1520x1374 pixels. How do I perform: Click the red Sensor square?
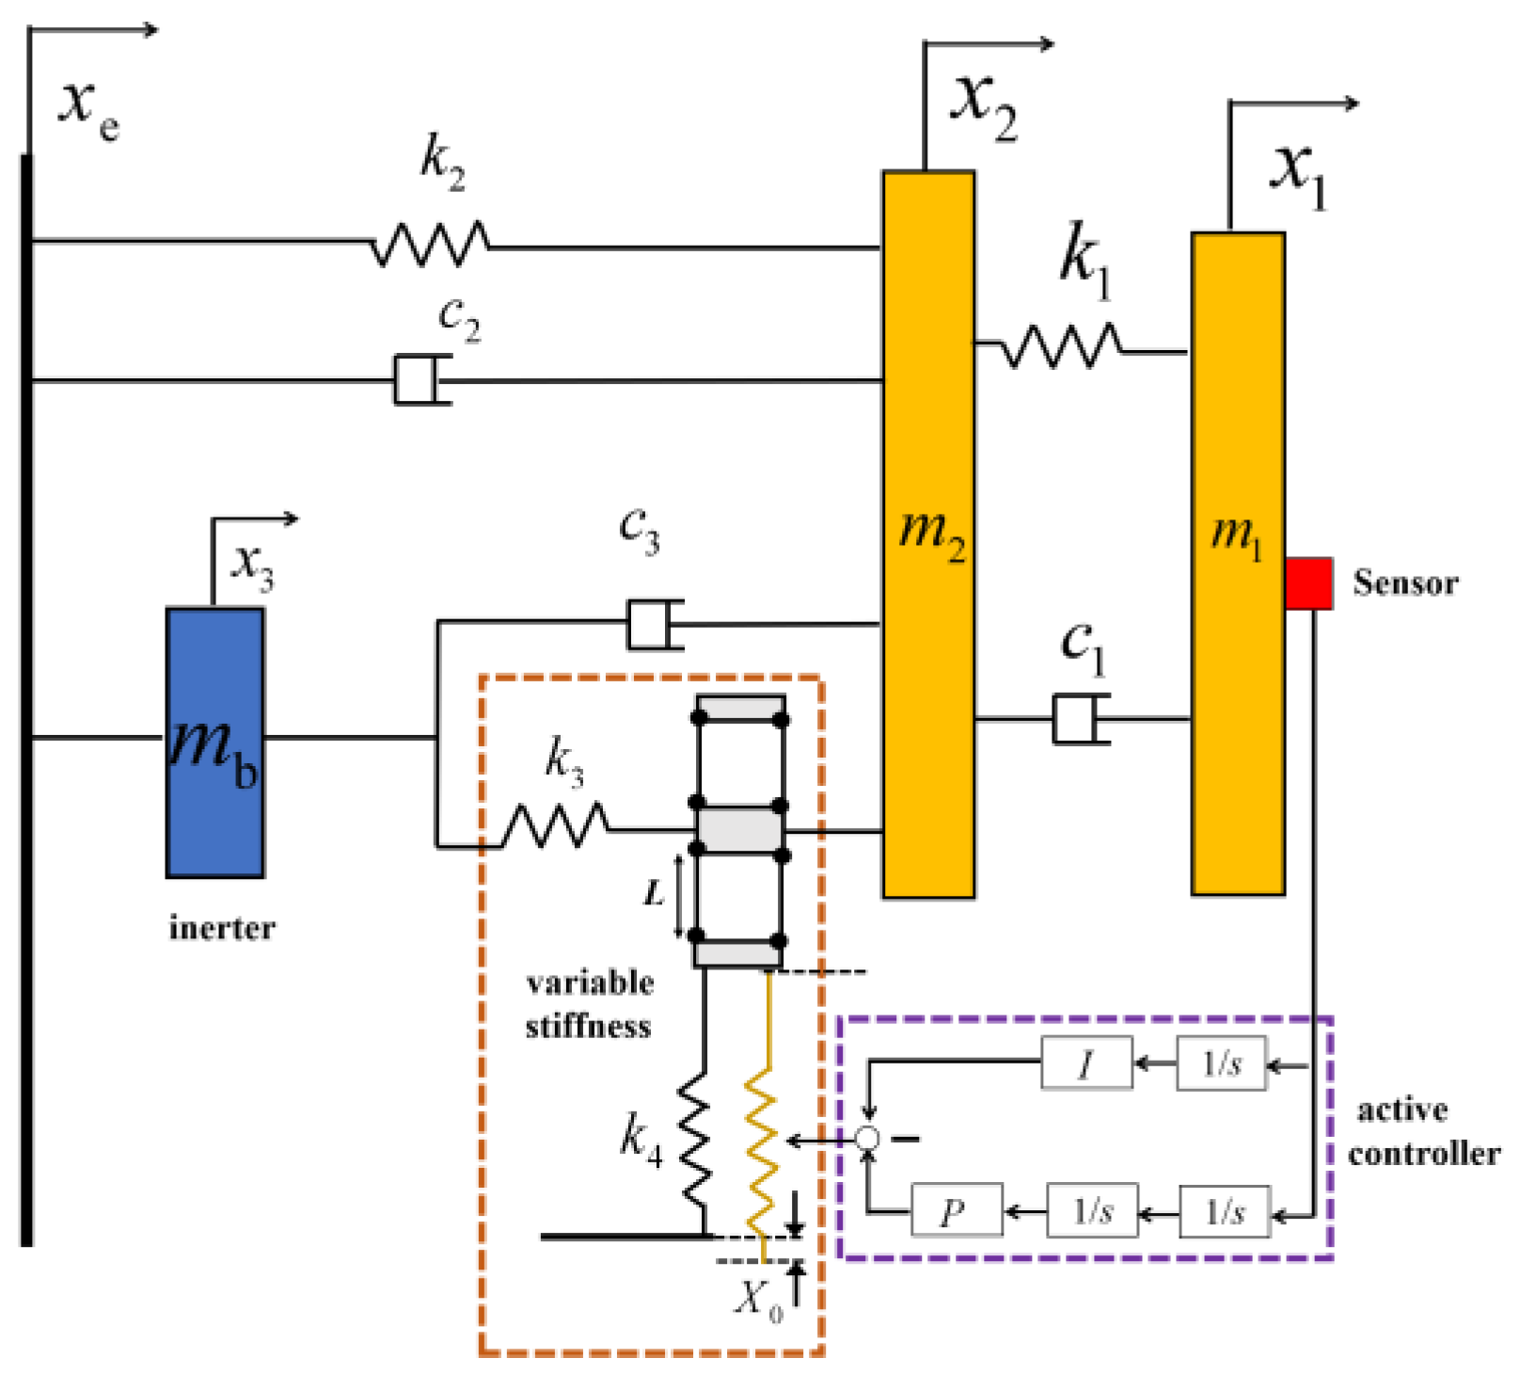1308,583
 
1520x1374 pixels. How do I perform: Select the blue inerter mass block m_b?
214,743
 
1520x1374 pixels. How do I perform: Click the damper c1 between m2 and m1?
1079,719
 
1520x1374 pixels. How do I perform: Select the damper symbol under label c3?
653,624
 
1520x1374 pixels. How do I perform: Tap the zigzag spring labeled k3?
555,825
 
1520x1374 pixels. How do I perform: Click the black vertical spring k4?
694,1142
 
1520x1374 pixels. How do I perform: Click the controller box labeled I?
1086,1064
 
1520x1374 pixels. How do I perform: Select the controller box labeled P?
956,1210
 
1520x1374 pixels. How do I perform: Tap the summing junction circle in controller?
867,1139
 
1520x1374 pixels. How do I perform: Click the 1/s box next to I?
1222,1064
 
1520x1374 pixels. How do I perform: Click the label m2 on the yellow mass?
931,533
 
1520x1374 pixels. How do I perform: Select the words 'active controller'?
1422,1131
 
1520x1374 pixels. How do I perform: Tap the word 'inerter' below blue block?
222,928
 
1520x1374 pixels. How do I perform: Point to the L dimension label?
654,893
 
